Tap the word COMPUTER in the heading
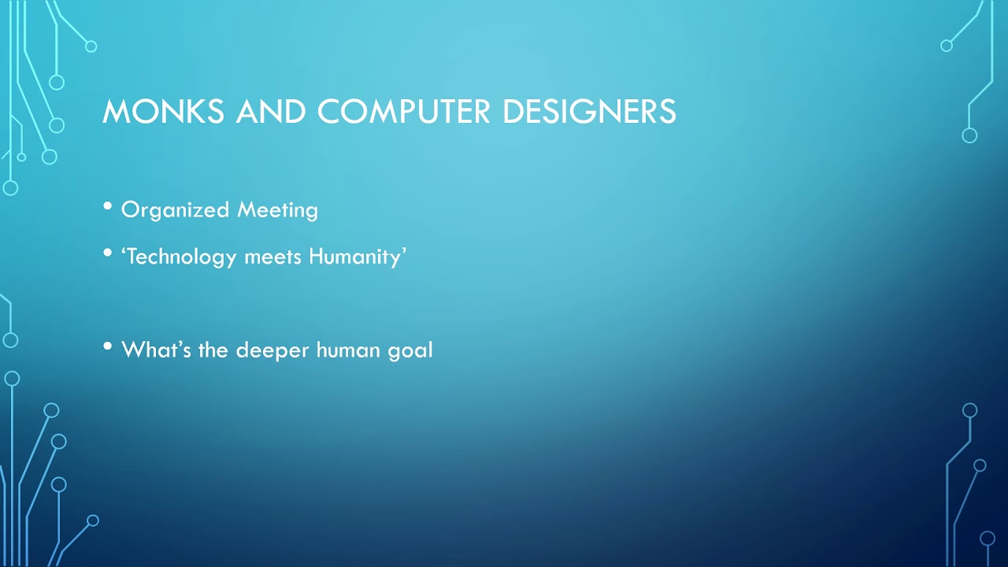[x=404, y=111]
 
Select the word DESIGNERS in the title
[x=589, y=111]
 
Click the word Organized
[x=176, y=210]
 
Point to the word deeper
[x=273, y=350]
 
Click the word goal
[x=410, y=350]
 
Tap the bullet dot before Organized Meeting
[x=108, y=207]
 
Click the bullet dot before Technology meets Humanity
[x=108, y=254]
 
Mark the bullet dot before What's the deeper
[x=108, y=346]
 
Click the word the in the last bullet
[x=213, y=349]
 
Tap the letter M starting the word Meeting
[x=247, y=210]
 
